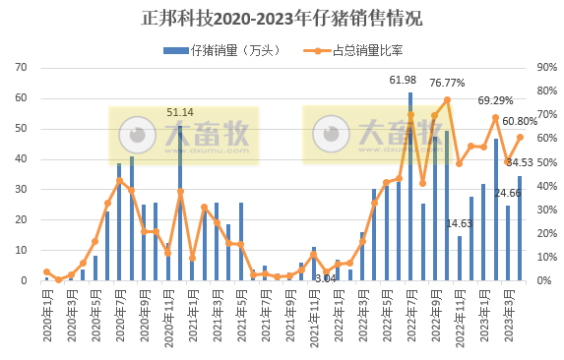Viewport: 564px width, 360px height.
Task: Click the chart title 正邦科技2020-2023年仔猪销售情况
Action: (x=281, y=18)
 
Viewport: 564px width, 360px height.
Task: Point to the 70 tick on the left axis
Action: (x=20, y=68)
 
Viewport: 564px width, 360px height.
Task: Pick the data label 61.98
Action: (x=404, y=80)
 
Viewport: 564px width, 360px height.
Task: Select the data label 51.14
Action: (x=180, y=112)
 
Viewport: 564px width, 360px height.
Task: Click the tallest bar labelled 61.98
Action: (x=410, y=187)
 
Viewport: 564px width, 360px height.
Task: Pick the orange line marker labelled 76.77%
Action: (x=447, y=99)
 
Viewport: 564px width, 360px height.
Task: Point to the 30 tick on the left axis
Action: (x=20, y=190)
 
